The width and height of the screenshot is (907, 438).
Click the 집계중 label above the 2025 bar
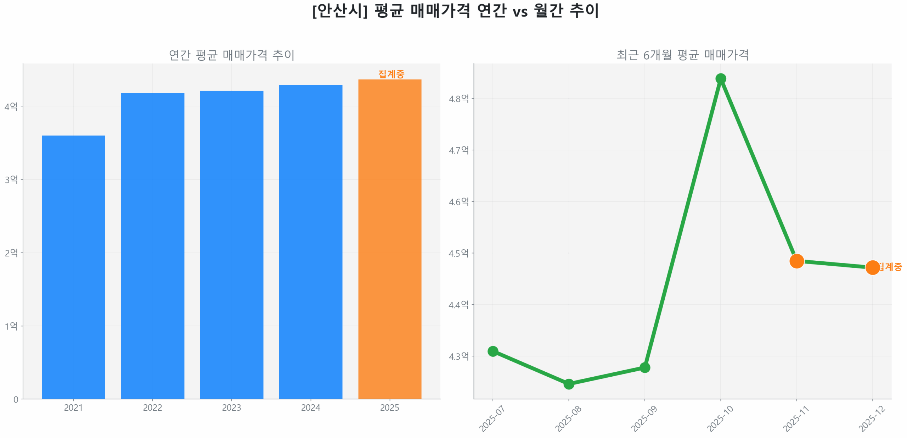pos(391,74)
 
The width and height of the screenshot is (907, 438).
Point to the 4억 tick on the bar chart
pos(11,106)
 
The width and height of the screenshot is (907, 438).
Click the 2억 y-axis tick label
pos(11,253)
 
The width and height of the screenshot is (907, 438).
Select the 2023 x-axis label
pos(231,407)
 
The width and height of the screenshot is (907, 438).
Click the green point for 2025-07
pos(493,351)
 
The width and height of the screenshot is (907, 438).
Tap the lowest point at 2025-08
pos(569,384)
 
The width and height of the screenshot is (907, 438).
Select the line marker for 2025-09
pos(645,367)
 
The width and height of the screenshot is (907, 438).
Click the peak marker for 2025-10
pos(721,79)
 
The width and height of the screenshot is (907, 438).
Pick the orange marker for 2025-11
pos(796,261)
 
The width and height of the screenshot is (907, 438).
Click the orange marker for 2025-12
pos(872,267)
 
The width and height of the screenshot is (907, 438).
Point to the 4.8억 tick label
pos(458,99)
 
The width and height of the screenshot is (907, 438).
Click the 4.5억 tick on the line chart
pos(458,253)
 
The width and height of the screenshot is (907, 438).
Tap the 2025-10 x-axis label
pos(720,418)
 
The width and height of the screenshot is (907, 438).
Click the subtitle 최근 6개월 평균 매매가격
pos(682,55)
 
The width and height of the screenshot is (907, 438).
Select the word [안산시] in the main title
pos(339,11)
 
